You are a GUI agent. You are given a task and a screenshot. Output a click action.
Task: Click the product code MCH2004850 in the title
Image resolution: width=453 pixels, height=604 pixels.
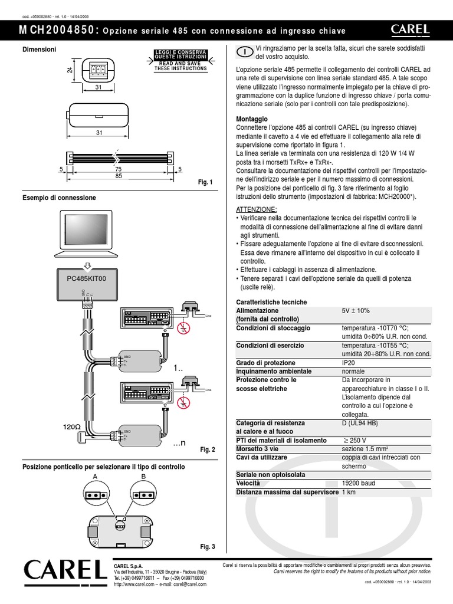(58, 30)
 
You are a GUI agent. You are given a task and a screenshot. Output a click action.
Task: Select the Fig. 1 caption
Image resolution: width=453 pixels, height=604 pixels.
(206, 182)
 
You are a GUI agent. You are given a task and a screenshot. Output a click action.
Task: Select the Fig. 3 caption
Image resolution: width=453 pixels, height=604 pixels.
(208, 547)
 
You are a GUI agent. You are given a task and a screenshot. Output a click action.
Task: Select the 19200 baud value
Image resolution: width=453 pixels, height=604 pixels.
(358, 483)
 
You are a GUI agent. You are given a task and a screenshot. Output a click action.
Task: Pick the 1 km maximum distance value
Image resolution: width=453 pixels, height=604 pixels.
(349, 492)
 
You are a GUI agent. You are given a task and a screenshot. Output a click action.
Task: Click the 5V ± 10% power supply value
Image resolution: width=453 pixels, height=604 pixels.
(356, 310)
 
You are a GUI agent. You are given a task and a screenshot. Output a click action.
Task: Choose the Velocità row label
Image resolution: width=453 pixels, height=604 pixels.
(250, 483)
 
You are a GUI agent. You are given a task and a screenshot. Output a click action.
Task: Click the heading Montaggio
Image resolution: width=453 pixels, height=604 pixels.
(252, 119)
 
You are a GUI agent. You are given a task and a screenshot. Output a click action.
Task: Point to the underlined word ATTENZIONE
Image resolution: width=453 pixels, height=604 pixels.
(255, 209)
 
